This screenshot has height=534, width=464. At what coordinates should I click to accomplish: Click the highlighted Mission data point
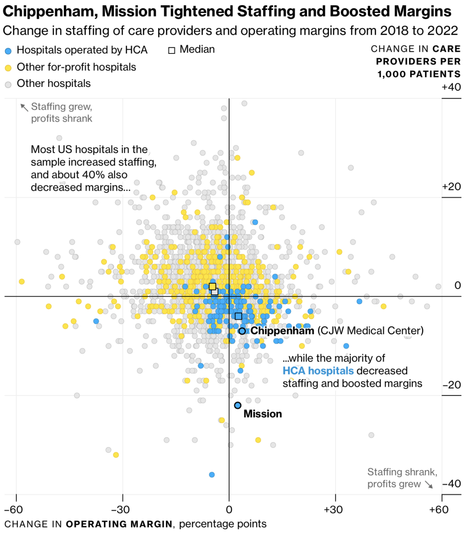238,405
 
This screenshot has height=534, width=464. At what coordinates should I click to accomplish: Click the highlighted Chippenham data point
242,331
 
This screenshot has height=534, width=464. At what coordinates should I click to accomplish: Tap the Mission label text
262,414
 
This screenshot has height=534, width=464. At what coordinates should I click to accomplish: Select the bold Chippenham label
282,331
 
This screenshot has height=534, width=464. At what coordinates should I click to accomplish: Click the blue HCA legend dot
8,51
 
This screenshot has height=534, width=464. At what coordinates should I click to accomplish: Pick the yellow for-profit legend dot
8,68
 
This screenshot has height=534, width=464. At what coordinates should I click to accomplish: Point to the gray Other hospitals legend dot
8,84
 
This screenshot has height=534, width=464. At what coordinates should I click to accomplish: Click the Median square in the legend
172,50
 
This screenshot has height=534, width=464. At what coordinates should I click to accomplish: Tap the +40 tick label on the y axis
451,87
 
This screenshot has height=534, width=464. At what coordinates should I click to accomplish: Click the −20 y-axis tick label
451,385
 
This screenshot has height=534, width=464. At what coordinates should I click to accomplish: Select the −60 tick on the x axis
17,509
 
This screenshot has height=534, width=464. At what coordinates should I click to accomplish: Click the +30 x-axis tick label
335,509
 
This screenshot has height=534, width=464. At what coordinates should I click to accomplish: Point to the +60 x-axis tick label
439,509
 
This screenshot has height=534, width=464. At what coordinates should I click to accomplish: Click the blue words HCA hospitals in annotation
318,371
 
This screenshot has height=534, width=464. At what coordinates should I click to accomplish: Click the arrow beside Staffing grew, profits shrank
24,107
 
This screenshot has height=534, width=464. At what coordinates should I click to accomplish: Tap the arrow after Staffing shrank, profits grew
429,484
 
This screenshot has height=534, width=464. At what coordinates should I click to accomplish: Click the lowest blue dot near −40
212,474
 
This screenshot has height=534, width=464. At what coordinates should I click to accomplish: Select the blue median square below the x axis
239,316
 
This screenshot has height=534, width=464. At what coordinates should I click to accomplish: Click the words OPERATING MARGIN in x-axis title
119,524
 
